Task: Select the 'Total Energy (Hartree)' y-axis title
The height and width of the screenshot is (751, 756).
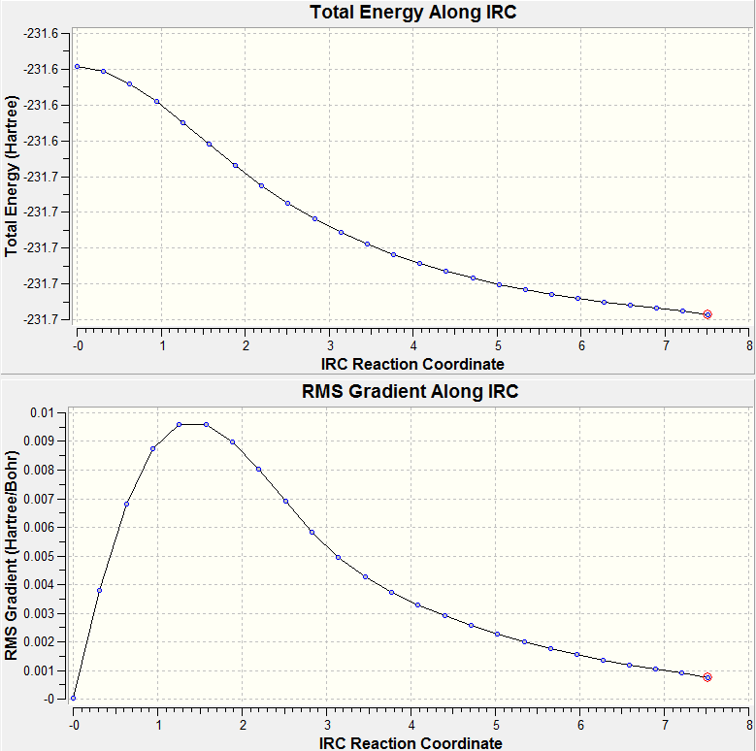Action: [12, 176]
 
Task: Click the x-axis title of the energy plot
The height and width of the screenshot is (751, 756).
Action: [411, 364]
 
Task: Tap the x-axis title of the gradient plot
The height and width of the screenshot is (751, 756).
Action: [411, 742]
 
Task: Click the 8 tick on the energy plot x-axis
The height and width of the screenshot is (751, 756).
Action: [749, 344]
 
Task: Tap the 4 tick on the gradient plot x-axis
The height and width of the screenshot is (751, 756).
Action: [411, 723]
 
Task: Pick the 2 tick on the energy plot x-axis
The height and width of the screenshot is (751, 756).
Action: [246, 344]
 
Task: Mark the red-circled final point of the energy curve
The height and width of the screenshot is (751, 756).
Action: [707, 314]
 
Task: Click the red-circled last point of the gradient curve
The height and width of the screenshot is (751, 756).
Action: [707, 677]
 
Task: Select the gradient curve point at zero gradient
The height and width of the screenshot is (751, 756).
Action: [74, 698]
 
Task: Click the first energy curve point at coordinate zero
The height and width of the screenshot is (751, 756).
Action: [78, 67]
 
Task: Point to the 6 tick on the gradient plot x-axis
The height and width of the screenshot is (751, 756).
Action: [580, 723]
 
